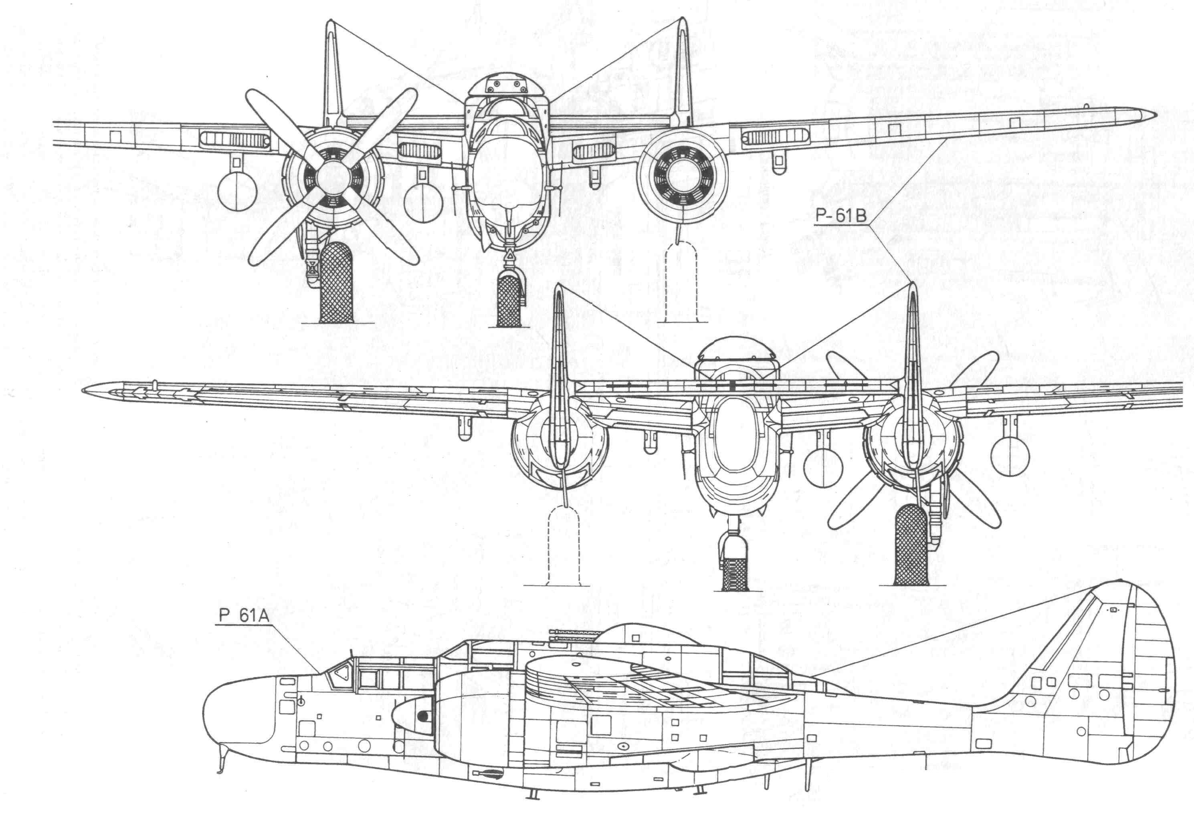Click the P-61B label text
(841, 216)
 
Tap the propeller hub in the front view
(331, 176)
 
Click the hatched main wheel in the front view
(337, 283)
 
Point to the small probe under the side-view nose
(222, 762)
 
